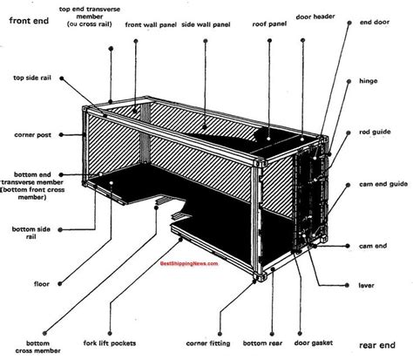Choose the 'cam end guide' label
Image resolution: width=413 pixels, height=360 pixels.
point(381,185)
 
